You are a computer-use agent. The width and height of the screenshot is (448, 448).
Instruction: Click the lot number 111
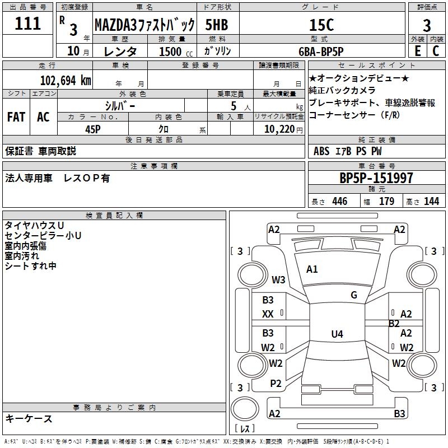[27, 24]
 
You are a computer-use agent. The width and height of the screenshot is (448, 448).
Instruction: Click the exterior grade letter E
[417, 50]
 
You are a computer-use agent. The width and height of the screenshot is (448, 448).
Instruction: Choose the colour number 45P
[94, 128]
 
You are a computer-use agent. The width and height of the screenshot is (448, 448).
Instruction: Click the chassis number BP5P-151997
[376, 178]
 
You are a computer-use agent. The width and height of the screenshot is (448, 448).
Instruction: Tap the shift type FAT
[16, 117]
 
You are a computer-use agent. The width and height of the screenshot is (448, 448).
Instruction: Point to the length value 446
[339, 202]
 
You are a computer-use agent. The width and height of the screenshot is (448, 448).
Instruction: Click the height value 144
[431, 202]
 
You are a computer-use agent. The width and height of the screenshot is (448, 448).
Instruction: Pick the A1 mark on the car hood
[312, 269]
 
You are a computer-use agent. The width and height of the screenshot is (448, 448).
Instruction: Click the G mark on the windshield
[354, 295]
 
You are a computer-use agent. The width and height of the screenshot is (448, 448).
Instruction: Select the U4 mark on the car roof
[337, 334]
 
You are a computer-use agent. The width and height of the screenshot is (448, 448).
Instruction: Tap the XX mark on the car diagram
[268, 315]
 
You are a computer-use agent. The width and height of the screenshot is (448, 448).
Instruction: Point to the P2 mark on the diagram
[276, 383]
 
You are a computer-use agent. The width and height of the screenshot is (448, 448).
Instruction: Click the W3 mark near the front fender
[278, 279]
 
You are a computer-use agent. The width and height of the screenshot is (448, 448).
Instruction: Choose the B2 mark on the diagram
[394, 324]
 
